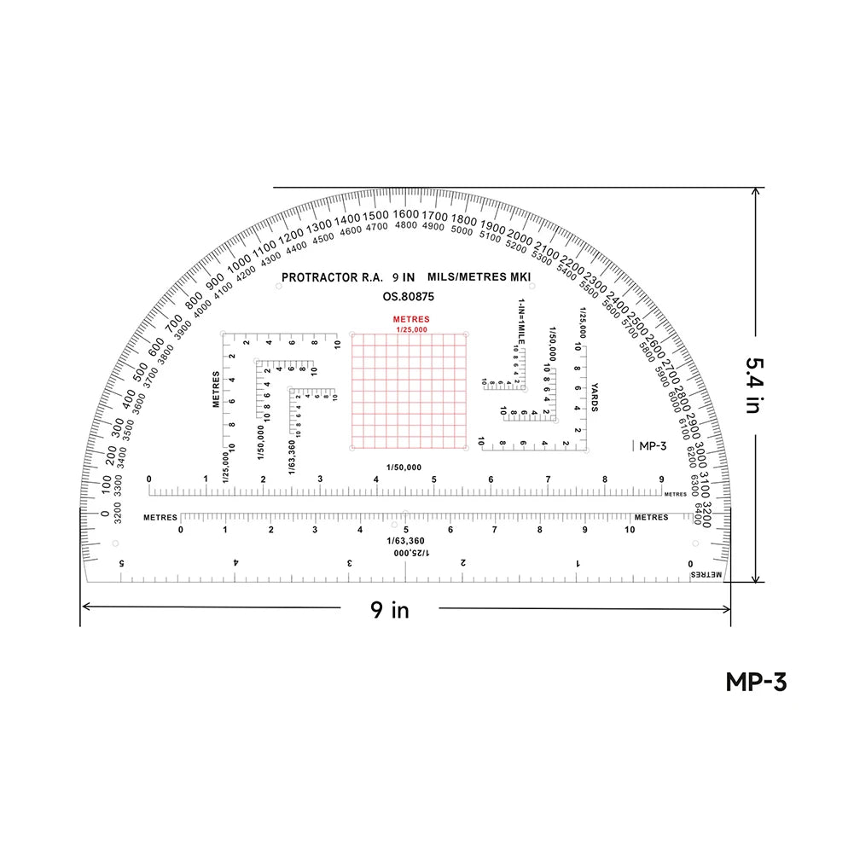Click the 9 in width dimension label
pos(389,609)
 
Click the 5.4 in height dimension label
pos(752,385)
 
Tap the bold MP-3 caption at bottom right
pos(755,683)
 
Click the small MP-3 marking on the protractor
pos(652,444)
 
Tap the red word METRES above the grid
pos(411,319)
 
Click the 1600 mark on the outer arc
pos(406,213)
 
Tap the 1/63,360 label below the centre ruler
pos(405,541)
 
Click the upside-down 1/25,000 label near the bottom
pos(411,553)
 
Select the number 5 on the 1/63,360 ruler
pos(405,530)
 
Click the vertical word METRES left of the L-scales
pos(217,389)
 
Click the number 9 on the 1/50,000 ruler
pos(661,479)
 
